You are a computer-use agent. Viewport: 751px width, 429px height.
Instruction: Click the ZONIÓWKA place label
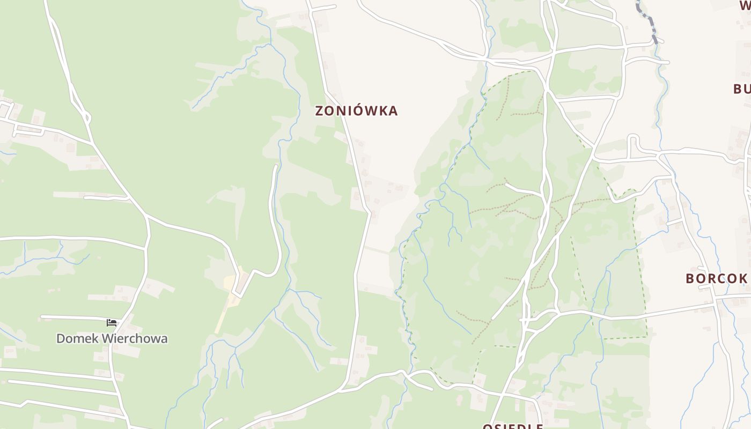tap(356, 111)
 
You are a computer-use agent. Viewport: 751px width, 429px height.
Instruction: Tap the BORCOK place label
tap(717, 278)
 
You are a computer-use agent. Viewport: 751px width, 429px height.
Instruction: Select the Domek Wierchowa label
tap(112, 338)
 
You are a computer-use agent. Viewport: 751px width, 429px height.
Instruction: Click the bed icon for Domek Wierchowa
tap(112, 322)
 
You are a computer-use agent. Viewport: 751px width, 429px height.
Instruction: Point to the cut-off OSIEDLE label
tap(512, 426)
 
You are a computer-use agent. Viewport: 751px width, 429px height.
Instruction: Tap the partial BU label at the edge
tap(742, 89)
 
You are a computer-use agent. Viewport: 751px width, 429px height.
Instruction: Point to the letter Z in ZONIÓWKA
tap(320, 111)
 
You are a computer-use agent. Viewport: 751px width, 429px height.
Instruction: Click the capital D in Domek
tap(61, 338)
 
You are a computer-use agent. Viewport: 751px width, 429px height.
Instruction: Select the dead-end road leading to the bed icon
tap(75, 317)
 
